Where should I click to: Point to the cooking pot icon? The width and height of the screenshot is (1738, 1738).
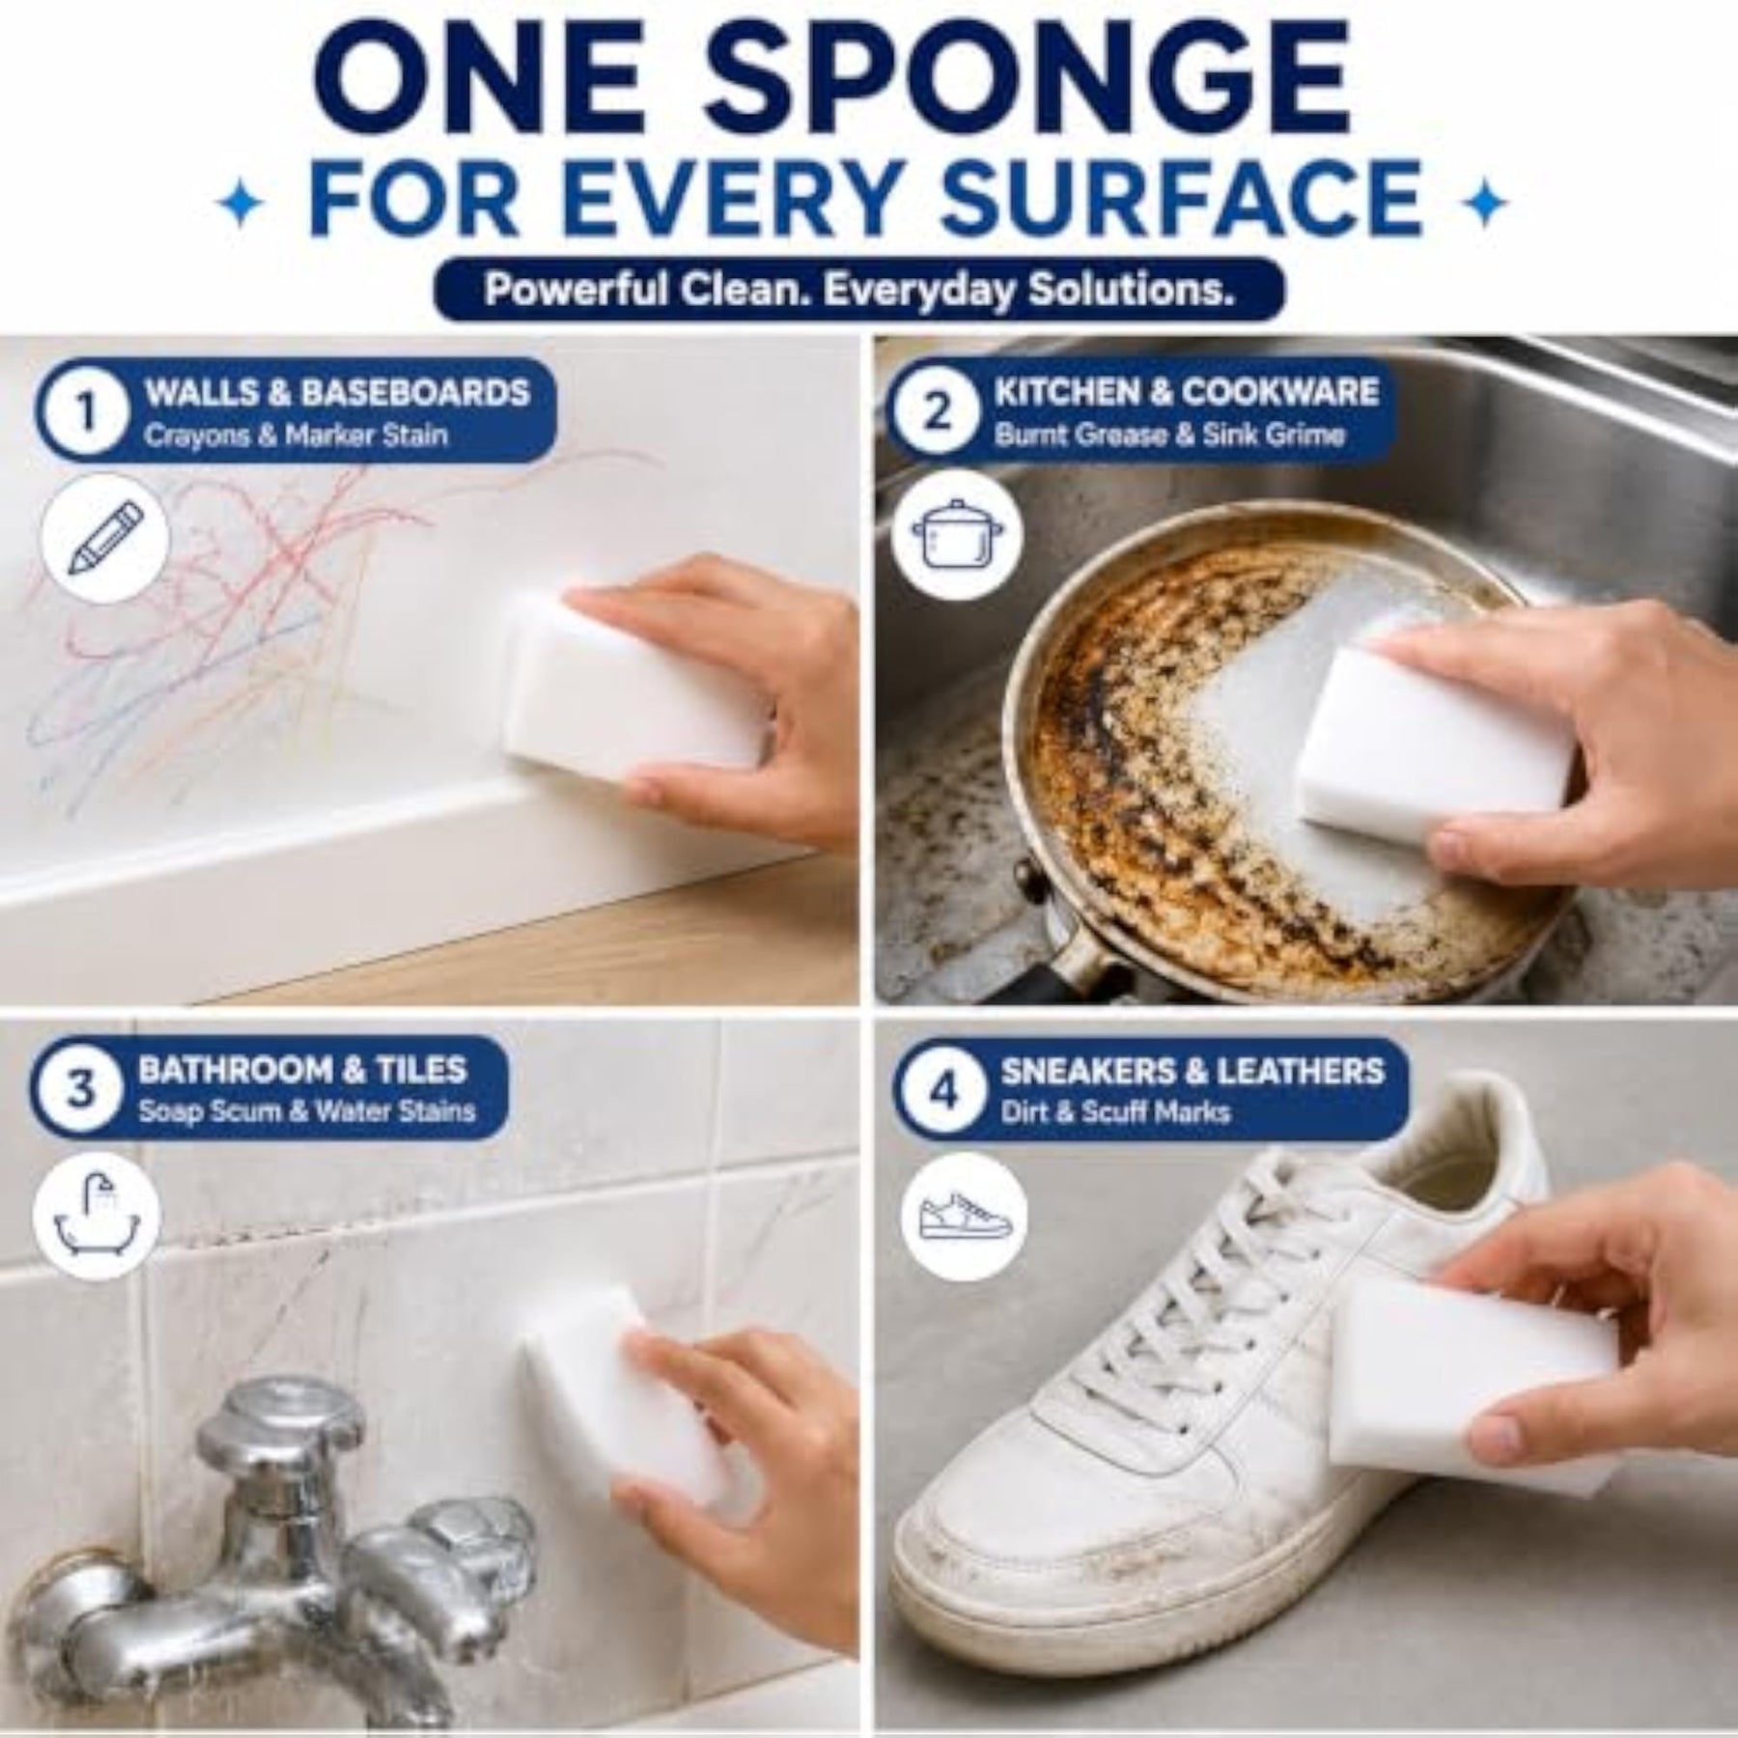(x=954, y=538)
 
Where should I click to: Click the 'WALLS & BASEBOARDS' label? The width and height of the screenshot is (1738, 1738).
(x=336, y=392)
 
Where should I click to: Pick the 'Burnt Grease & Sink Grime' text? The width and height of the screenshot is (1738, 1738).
(x=1169, y=435)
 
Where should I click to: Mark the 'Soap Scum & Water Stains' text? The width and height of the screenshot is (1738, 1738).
(x=307, y=1111)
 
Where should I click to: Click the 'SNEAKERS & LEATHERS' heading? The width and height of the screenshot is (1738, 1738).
(x=1192, y=1071)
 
